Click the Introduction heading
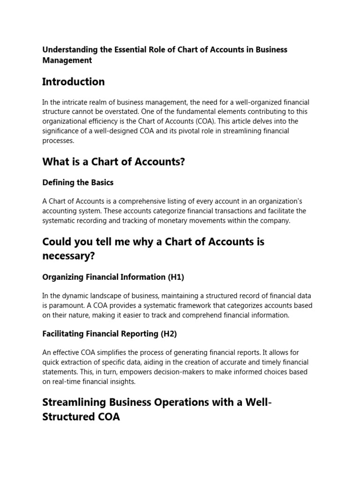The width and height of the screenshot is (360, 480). click(x=73, y=82)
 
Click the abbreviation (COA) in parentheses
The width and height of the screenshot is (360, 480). click(x=189, y=121)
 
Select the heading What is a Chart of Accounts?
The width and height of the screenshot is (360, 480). click(x=113, y=162)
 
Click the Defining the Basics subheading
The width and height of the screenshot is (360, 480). click(x=78, y=182)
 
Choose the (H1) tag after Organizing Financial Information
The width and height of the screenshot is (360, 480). click(x=176, y=277)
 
